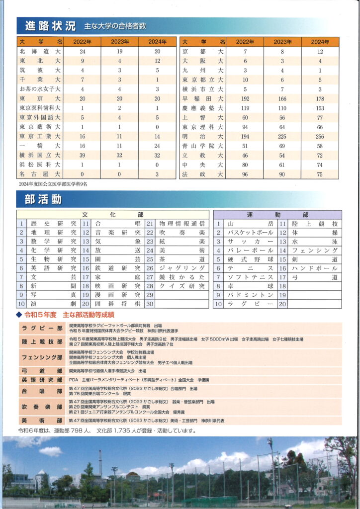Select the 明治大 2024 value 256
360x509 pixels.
[320, 136]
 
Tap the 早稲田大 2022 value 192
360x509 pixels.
[245, 98]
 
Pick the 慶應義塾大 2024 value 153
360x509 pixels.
[320, 108]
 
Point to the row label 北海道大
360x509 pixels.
[40, 51]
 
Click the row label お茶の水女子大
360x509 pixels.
[40, 89]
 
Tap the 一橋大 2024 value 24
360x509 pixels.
[157, 146]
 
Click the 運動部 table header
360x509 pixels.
[277, 215]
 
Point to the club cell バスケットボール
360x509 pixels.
[250, 232]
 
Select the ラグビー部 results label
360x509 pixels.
[42, 328]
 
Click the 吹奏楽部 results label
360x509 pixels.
[42, 406]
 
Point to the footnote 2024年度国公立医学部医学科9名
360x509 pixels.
[53, 184]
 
